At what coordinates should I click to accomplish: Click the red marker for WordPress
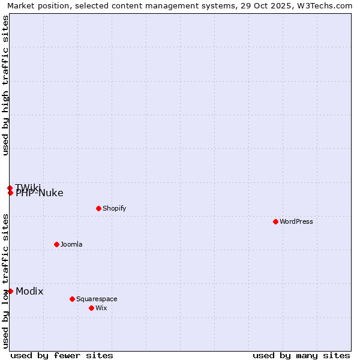[275, 221]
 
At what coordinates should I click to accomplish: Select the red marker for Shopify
[98, 208]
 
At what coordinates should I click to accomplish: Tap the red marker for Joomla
[56, 244]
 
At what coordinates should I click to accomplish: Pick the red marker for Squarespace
[72, 299]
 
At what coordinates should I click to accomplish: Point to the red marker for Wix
[91, 308]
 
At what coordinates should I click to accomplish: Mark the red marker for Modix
[10, 291]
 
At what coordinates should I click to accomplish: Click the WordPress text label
[296, 221]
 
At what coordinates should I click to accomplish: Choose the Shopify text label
[114, 208]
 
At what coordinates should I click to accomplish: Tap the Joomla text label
[71, 244]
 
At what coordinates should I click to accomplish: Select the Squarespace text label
[97, 299]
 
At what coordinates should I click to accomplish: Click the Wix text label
[101, 308]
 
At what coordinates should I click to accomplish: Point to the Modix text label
[29, 291]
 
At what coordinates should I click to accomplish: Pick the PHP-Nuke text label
[40, 193]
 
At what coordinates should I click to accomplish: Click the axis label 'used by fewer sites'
[62, 355]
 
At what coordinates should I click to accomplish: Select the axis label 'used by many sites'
[301, 355]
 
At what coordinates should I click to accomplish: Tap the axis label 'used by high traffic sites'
[6, 85]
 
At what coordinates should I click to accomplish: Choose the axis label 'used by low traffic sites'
[6, 281]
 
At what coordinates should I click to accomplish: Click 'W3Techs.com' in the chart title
[329, 5]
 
